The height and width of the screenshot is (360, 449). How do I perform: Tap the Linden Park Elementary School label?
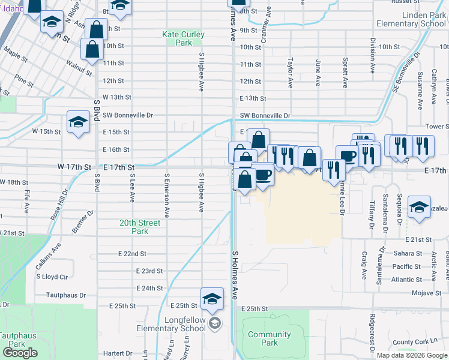point(411,19)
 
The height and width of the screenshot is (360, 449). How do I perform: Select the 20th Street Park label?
point(139,227)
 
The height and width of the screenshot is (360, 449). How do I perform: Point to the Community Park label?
point(270,338)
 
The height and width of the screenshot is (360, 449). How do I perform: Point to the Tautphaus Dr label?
point(67,295)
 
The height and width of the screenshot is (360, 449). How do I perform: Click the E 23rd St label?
point(149,271)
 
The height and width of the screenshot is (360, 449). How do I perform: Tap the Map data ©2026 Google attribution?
point(412,355)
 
